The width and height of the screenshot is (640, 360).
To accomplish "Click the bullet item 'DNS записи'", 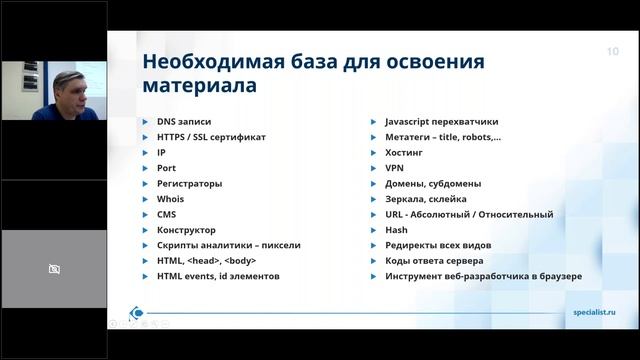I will [x=185, y=121].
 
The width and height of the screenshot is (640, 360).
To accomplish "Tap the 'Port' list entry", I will [x=166, y=168].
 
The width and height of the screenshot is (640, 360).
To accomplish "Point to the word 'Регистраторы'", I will [x=189, y=183].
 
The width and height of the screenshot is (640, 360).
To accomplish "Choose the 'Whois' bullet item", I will [x=170, y=199].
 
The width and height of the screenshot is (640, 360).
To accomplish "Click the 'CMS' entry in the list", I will [x=167, y=214].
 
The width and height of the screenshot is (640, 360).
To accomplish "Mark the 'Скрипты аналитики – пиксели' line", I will [x=228, y=245].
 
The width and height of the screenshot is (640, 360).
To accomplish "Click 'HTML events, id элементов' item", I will [x=218, y=276].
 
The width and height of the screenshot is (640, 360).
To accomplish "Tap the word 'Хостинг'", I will [x=405, y=152].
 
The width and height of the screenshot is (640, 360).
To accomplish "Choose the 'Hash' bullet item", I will [x=396, y=230].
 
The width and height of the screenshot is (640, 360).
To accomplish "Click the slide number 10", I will [x=612, y=51].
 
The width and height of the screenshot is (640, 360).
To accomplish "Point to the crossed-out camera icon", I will [x=54, y=269].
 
